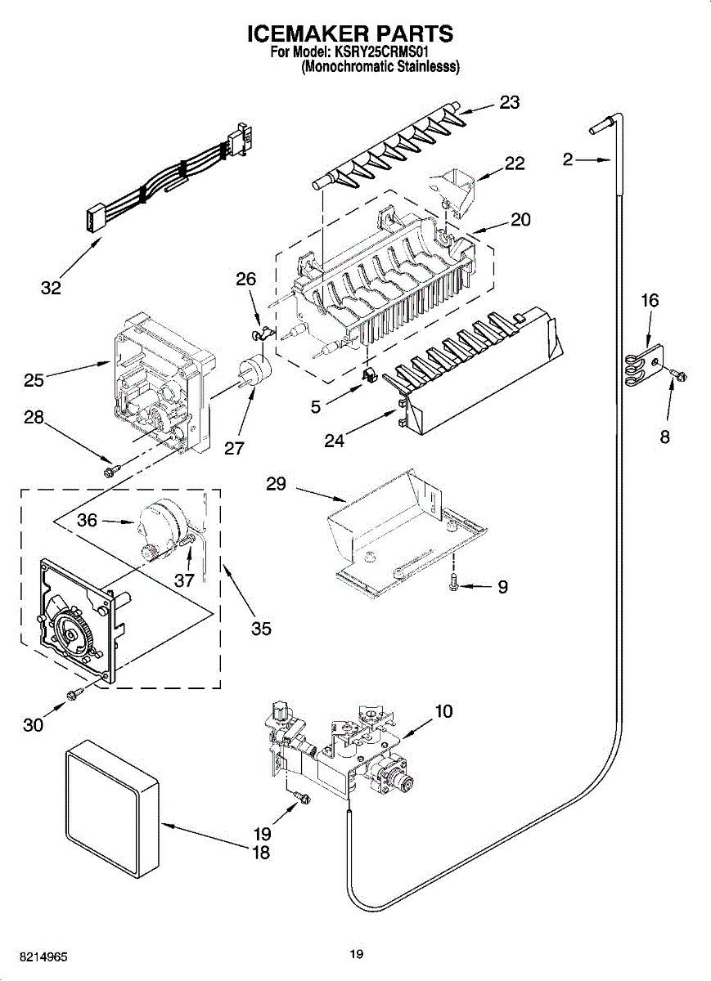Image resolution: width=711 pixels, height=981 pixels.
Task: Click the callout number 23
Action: point(510,102)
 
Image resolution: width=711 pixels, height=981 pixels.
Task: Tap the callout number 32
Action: point(51,288)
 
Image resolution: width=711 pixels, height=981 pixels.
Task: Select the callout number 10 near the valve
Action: point(443,711)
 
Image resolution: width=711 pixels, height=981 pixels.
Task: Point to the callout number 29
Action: point(276,484)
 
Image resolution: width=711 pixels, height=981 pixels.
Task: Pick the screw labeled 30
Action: point(73,694)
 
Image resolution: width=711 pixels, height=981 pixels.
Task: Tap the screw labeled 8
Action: point(677,374)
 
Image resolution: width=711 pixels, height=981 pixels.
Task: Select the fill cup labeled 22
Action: point(454,188)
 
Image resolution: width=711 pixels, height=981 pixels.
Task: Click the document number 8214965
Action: point(44,956)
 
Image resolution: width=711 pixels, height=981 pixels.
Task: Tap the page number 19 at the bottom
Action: point(356,953)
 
